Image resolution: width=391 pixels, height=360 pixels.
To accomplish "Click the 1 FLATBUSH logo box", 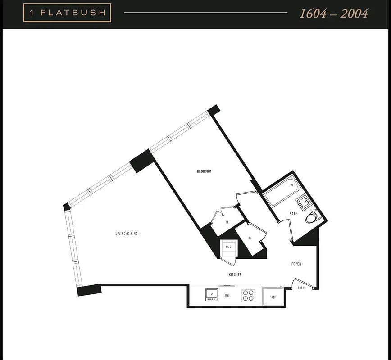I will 67,13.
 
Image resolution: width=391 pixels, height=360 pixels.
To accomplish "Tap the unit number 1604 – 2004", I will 334,13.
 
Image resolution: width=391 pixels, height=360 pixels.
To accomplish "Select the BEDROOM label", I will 204,171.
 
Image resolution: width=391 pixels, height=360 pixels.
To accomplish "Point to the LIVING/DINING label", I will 126,234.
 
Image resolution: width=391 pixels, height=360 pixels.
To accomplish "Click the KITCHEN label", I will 235,274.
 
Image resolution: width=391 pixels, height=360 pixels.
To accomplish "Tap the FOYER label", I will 296,264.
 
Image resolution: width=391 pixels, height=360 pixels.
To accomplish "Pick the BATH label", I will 294,214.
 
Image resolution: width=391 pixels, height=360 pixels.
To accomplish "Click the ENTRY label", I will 302,288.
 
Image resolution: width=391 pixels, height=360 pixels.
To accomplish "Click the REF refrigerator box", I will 273,297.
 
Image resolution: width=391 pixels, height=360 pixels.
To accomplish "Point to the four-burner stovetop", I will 248,295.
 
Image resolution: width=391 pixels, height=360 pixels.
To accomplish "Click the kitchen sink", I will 211,295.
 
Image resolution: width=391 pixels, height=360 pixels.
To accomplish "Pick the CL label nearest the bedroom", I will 227,222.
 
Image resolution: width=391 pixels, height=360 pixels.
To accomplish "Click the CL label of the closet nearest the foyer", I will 250,238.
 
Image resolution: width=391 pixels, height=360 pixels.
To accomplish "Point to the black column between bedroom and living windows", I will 141,161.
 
